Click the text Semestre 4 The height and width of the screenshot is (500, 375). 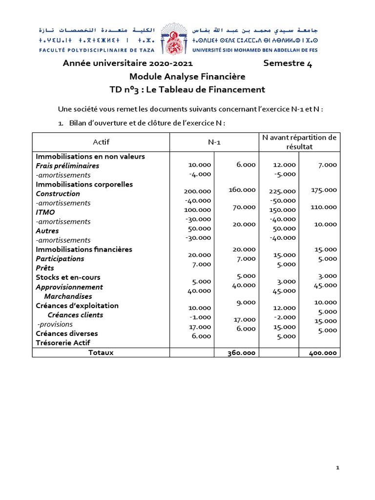(x=287, y=63)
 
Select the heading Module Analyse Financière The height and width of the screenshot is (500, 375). (x=187, y=77)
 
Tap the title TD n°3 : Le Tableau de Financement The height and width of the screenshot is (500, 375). (x=187, y=89)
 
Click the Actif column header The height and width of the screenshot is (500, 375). (x=101, y=142)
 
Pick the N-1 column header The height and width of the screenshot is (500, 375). (x=214, y=142)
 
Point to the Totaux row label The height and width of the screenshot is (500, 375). (x=101, y=352)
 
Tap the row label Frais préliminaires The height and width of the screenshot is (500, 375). (x=67, y=166)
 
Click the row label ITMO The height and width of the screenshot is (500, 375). (x=45, y=212)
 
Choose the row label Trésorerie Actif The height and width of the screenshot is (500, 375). (x=63, y=343)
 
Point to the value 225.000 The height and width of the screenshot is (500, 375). (x=282, y=191)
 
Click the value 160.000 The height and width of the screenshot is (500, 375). (x=242, y=189)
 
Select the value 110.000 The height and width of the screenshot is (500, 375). (x=324, y=207)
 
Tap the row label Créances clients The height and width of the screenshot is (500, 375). (x=75, y=315)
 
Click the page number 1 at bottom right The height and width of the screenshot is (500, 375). (x=337, y=468)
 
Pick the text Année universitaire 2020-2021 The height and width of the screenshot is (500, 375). (x=128, y=63)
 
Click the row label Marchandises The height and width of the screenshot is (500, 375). (x=68, y=296)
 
